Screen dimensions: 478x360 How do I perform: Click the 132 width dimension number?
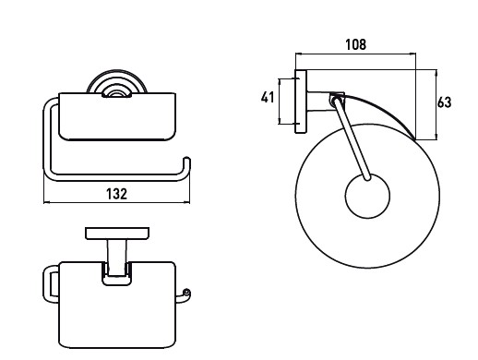tap(116, 194)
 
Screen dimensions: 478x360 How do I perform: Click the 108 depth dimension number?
tap(356, 44)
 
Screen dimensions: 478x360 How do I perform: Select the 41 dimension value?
tap(268, 98)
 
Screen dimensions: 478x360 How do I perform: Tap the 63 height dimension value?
tap(444, 102)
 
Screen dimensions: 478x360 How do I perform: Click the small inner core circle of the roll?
tap(367, 196)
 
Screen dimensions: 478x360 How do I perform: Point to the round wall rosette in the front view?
tap(117, 81)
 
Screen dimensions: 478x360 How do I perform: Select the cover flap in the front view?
tap(117, 116)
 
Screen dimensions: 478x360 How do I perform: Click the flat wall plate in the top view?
tap(117, 234)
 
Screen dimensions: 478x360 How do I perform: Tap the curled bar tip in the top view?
tap(186, 292)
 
